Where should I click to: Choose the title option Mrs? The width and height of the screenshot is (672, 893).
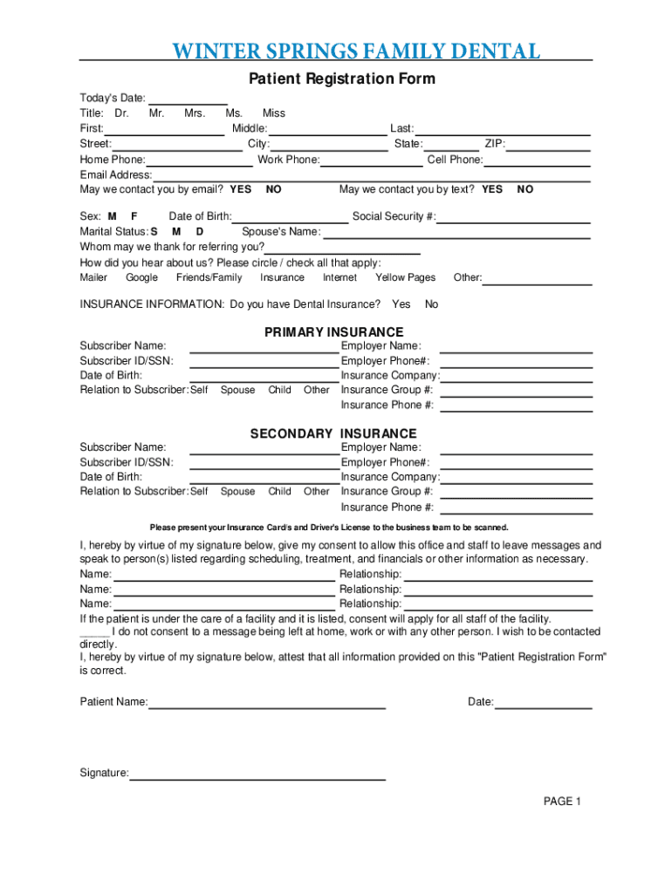(195, 113)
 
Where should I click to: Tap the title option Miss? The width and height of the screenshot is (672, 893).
(273, 113)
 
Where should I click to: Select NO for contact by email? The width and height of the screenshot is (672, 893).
(274, 189)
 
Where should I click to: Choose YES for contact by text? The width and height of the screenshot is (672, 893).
(492, 189)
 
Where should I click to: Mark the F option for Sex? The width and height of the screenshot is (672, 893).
(134, 216)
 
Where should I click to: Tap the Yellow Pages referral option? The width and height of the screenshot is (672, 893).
(405, 277)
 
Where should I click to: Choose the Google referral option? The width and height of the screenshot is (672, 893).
(141, 277)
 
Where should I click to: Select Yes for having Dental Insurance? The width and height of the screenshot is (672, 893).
(401, 304)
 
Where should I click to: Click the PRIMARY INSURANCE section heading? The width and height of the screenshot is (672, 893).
(334, 332)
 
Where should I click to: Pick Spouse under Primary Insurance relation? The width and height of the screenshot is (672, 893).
(237, 390)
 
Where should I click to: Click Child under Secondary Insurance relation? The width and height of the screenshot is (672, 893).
(280, 491)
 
